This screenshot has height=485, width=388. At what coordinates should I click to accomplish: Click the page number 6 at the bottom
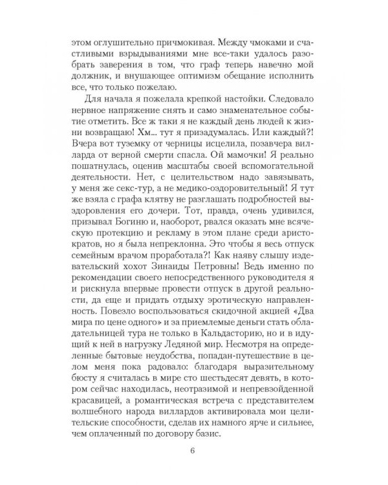click(x=194, y=451)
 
